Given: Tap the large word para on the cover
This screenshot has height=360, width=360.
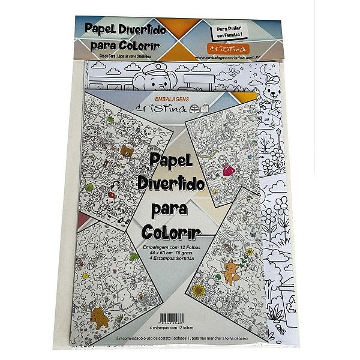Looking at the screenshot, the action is pyautogui.click(x=170, y=211).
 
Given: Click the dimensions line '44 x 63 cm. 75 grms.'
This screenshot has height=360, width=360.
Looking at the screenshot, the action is pyautogui.click(x=171, y=253).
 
